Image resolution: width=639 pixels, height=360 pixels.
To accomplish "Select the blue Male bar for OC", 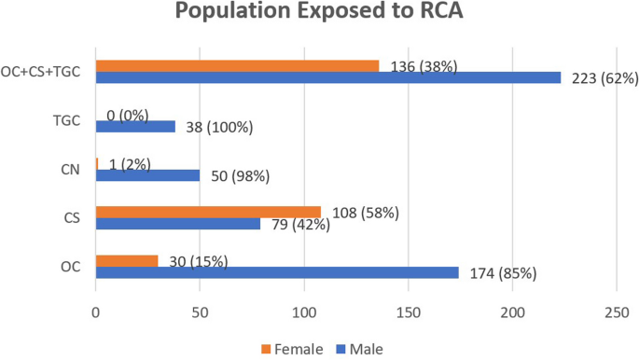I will [x=277, y=272].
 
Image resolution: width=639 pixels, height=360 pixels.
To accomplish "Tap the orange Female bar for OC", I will [x=127, y=260].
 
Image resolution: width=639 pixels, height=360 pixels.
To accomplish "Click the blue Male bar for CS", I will [x=177, y=224].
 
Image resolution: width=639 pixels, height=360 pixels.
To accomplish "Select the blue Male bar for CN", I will [x=147, y=175].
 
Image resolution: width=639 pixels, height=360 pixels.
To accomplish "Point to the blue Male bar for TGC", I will [x=135, y=126].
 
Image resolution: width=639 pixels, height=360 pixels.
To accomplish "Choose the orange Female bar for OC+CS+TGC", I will [x=237, y=65].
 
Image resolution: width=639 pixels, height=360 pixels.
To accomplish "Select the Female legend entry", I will [x=292, y=349].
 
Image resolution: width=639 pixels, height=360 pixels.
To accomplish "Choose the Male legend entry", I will [x=356, y=349].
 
